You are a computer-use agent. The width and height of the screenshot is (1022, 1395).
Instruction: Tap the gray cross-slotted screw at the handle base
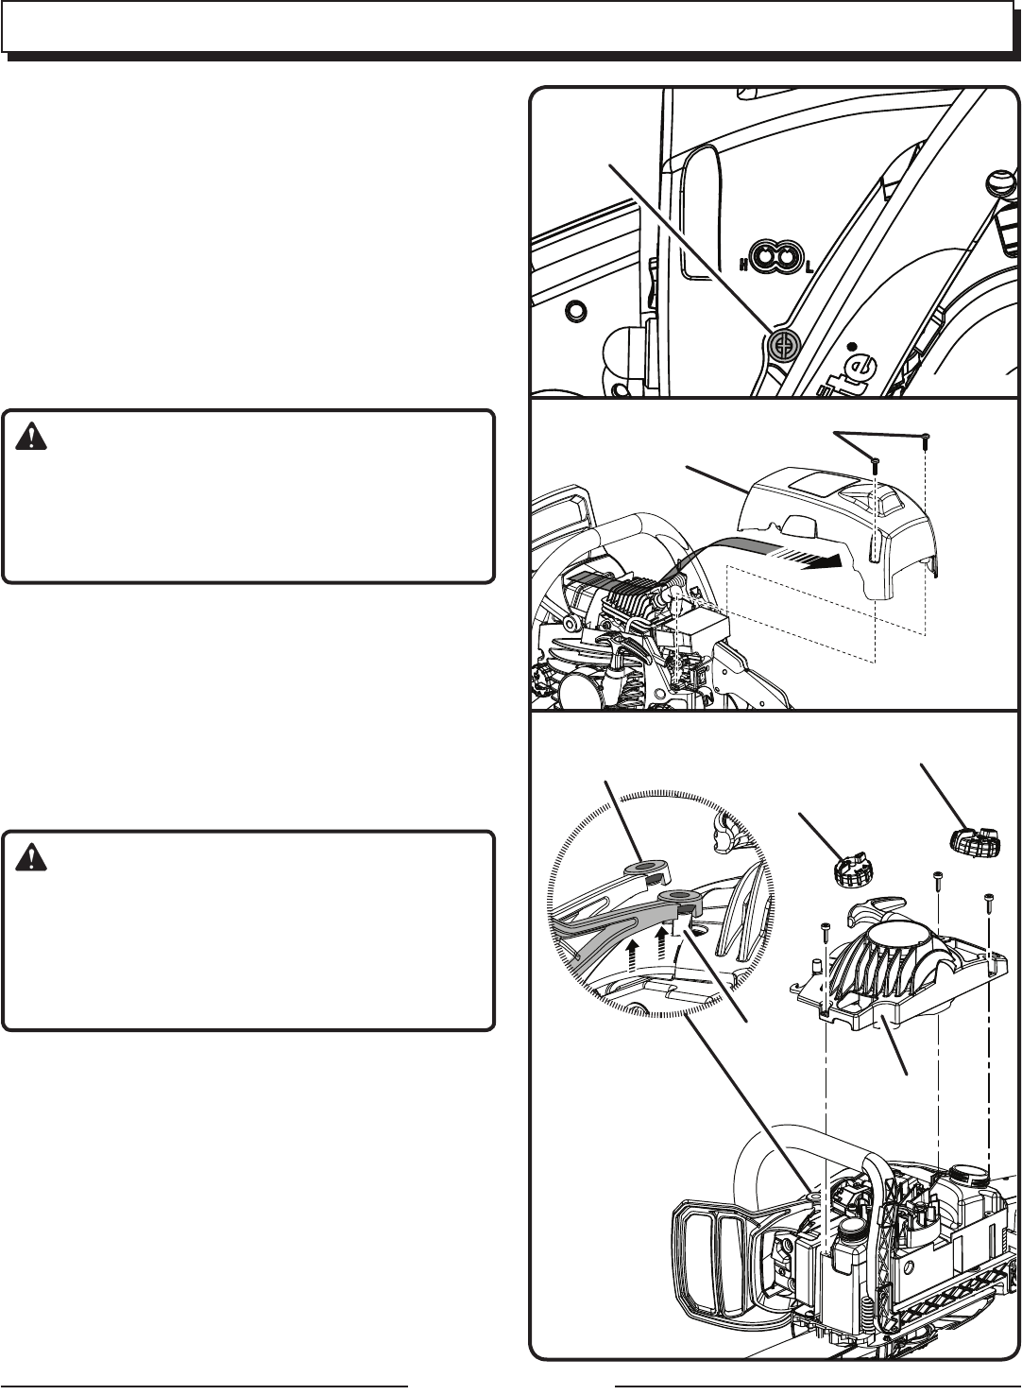(x=783, y=347)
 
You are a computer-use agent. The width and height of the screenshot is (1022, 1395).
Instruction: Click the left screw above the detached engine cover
(x=876, y=464)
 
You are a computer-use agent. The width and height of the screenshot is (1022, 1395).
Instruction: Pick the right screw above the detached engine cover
(x=927, y=438)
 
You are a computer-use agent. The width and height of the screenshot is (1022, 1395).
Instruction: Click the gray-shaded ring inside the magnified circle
(x=676, y=894)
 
